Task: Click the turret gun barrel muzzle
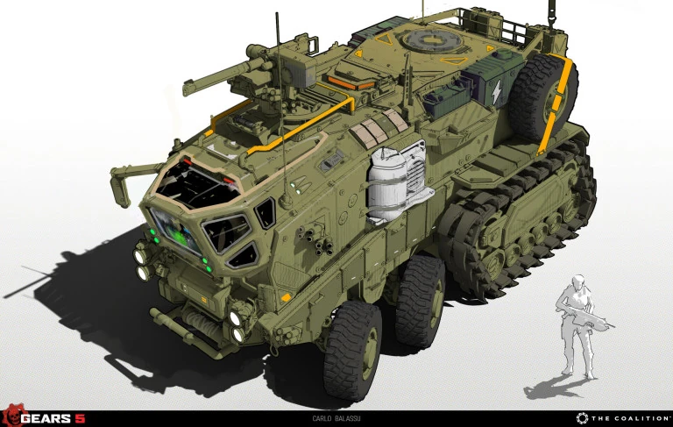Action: click(188, 88)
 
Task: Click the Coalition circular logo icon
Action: click(582, 418)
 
